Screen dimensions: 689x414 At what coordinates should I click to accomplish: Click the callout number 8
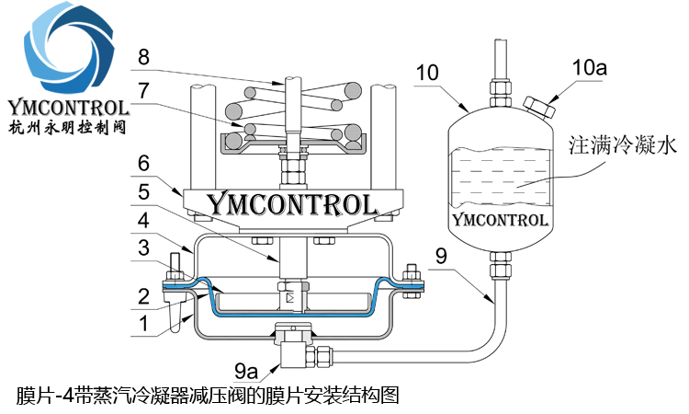pyautogui.click(x=143, y=57)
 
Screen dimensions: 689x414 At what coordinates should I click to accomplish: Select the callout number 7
pyautogui.click(x=143, y=91)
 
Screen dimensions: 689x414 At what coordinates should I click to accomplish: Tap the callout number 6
pyautogui.click(x=143, y=163)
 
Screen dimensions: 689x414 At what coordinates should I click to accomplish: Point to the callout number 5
pyautogui.click(x=143, y=192)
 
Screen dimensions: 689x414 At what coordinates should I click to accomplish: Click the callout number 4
pyautogui.click(x=143, y=220)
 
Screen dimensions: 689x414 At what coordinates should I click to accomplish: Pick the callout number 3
pyautogui.click(x=143, y=247)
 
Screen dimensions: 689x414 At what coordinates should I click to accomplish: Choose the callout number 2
pyautogui.click(x=143, y=296)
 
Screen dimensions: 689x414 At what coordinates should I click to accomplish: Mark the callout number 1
pyautogui.click(x=143, y=324)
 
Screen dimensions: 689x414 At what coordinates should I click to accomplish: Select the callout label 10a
pyautogui.click(x=589, y=68)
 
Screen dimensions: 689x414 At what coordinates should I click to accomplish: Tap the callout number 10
pyautogui.click(x=427, y=73)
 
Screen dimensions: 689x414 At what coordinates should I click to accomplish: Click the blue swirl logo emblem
pyautogui.click(x=69, y=49)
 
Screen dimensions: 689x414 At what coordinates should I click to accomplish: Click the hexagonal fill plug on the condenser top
pyautogui.click(x=540, y=108)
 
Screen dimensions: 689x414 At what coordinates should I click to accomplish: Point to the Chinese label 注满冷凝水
pyautogui.click(x=623, y=144)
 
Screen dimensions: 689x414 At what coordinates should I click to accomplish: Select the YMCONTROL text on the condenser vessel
pyautogui.click(x=500, y=220)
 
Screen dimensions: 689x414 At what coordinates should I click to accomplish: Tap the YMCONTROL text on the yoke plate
pyautogui.click(x=292, y=204)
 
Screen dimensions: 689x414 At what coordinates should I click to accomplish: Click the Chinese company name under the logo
pyautogui.click(x=67, y=127)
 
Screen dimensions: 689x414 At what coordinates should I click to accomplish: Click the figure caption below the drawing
pyautogui.click(x=208, y=395)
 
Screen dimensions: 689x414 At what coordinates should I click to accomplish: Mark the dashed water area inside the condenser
pyautogui.click(x=500, y=177)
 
